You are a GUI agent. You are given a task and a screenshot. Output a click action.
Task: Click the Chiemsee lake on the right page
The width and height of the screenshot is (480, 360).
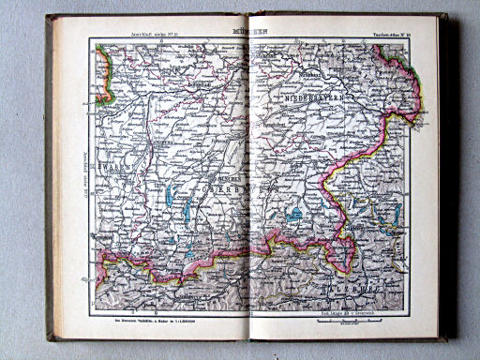[295, 215]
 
